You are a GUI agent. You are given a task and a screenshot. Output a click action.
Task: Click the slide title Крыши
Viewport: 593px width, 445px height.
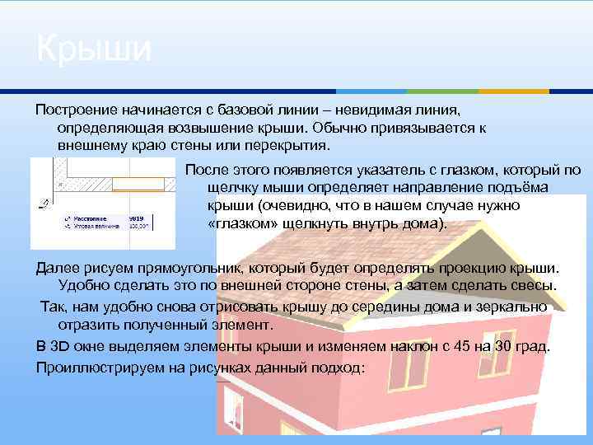click(x=94, y=49)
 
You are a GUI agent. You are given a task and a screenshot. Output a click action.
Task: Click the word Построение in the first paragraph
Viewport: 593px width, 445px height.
click(x=75, y=110)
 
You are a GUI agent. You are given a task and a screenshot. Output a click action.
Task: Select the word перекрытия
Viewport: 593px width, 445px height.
click(x=290, y=146)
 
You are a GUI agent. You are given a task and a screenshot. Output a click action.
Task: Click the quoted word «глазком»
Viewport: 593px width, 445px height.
click(x=242, y=223)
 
